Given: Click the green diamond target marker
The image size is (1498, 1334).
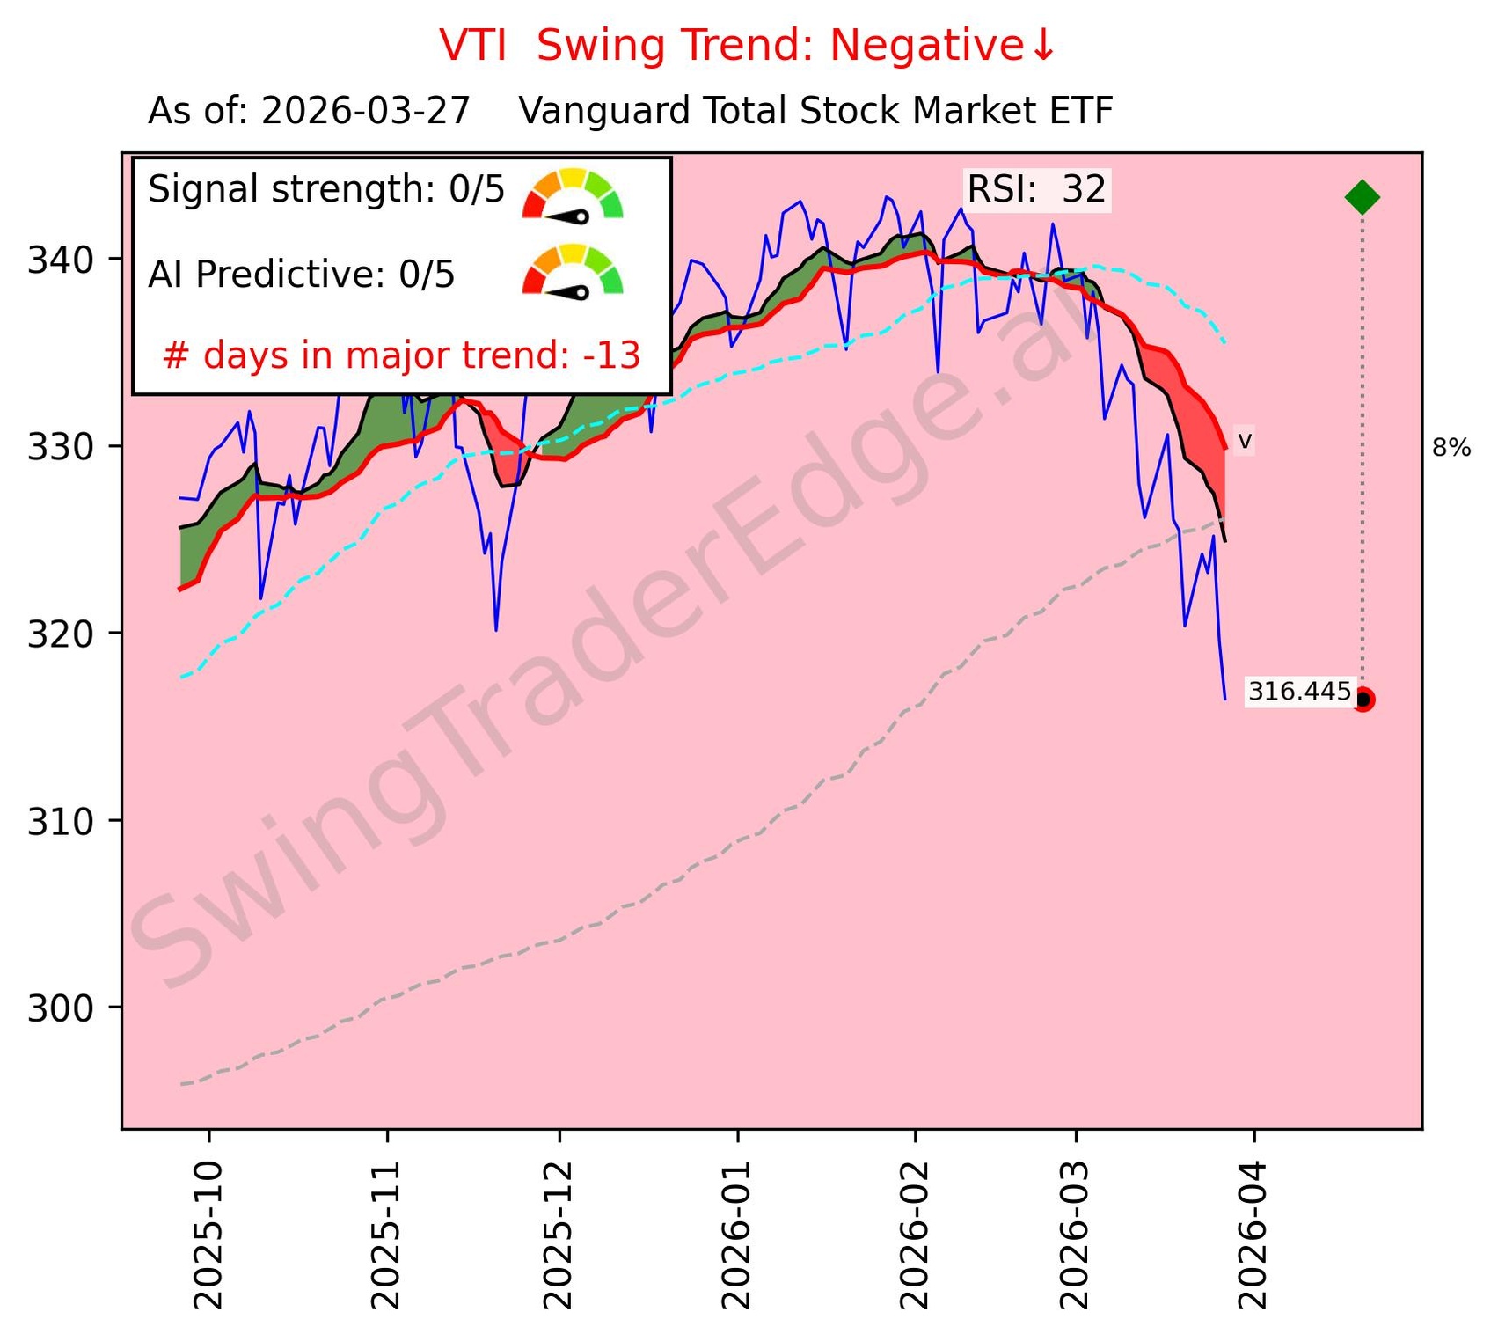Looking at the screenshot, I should click(x=1362, y=197).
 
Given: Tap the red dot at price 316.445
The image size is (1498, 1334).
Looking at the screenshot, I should click(x=1363, y=700).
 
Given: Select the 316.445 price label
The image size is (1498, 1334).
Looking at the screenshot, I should click(x=1299, y=693).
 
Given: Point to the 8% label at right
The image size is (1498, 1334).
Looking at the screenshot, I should click(x=1451, y=449).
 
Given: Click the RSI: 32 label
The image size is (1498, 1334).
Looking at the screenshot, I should click(x=1036, y=190).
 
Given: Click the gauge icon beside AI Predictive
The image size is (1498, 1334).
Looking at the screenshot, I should click(x=573, y=271).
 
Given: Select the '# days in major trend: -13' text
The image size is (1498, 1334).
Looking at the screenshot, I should click(x=401, y=356).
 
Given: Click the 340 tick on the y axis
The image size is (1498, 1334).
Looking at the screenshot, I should click(x=62, y=260).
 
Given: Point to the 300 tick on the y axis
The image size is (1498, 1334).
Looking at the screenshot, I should click(x=62, y=1008).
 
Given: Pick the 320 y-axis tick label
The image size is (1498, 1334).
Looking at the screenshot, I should click(x=62, y=634).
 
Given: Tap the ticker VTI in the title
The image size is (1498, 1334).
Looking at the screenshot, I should click(x=473, y=46).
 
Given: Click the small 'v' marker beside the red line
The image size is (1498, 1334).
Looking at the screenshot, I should click(x=1245, y=441).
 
